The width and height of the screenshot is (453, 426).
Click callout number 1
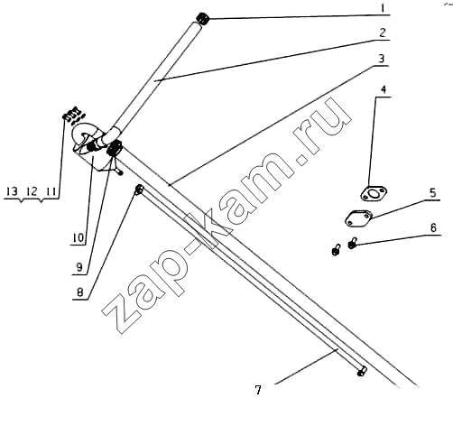tap(383, 8)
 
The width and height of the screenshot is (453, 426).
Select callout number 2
tap(383, 32)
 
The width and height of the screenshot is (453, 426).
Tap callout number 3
tap(381, 59)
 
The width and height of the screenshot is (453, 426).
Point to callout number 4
tap(384, 89)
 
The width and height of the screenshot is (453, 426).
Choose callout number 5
tap(432, 192)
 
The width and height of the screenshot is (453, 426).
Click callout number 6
tap(433, 227)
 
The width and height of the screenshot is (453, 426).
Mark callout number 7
tap(258, 390)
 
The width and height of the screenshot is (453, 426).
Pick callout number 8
tap(79, 292)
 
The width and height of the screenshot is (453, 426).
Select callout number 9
tap(79, 267)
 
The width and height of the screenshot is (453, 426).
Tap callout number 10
tap(78, 238)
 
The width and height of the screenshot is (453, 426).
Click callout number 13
tap(12, 191)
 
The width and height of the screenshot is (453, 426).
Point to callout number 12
tap(32, 191)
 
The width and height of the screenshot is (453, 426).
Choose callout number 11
tap(51, 191)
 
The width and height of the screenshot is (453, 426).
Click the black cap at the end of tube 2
tap(202, 20)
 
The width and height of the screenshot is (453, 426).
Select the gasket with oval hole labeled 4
tap(374, 193)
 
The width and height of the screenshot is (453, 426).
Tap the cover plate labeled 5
tap(358, 218)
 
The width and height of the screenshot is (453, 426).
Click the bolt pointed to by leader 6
tap(352, 243)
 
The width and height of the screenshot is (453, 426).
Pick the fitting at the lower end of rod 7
tap(362, 371)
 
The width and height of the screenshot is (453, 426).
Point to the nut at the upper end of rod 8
tap(139, 190)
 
